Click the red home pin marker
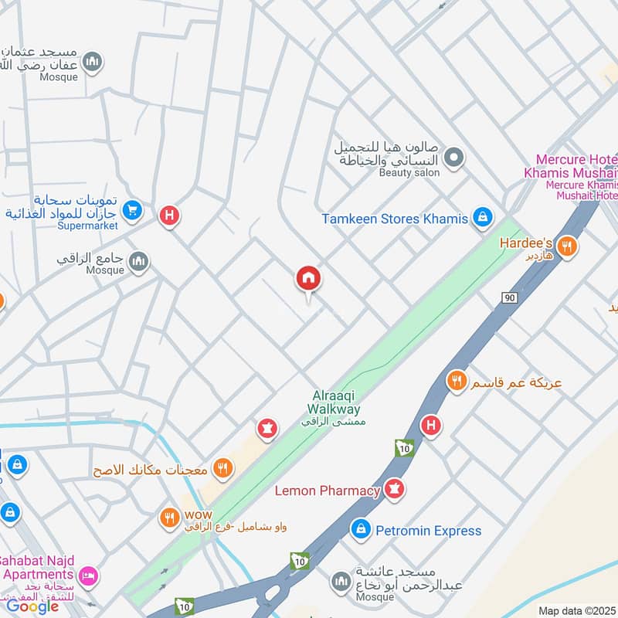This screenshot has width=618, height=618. pos(309,279)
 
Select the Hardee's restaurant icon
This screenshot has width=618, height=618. pos(568,246)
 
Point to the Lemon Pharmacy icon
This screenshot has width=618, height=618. pos(394,491)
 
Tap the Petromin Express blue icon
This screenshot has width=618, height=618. pos(360,530)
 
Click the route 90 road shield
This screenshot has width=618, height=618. pos(509,298)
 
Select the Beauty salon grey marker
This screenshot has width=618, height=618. pos(455,158)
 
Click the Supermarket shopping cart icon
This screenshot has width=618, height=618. pos(132,209)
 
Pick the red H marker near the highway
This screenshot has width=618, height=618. pos(431,425)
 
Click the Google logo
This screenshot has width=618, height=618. pos(32,605)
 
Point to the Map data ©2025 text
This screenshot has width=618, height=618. pos(576,610)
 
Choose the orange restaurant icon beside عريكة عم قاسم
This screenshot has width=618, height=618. pos(457,380)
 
